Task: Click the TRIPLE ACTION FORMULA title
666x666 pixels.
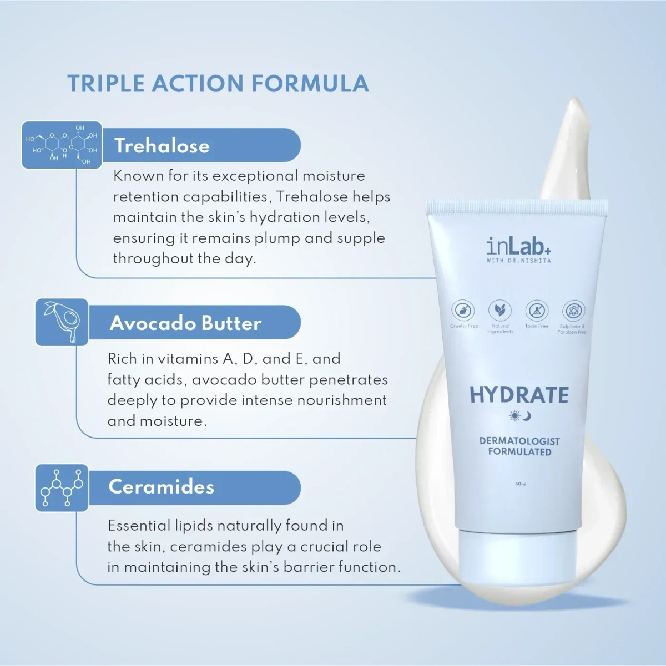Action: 218,84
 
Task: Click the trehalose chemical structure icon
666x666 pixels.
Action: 62,145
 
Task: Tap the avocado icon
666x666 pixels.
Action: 62,322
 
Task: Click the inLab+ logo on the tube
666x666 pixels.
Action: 518,246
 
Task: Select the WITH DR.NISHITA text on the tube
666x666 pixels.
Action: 518,261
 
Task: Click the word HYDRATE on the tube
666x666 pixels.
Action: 519,395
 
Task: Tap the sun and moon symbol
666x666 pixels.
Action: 520,416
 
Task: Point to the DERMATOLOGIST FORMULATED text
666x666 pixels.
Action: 519,446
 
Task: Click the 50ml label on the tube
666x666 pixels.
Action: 521,484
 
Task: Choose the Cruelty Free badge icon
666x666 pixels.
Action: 463,311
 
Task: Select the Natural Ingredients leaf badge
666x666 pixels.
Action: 500,311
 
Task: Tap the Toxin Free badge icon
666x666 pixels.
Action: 537,311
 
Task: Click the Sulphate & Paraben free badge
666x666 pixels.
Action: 573,311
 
